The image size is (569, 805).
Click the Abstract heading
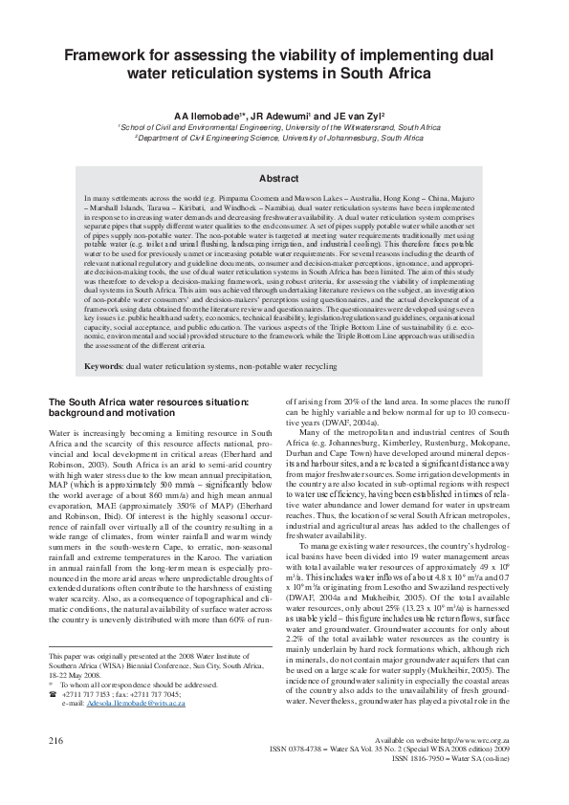click(x=284, y=179)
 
